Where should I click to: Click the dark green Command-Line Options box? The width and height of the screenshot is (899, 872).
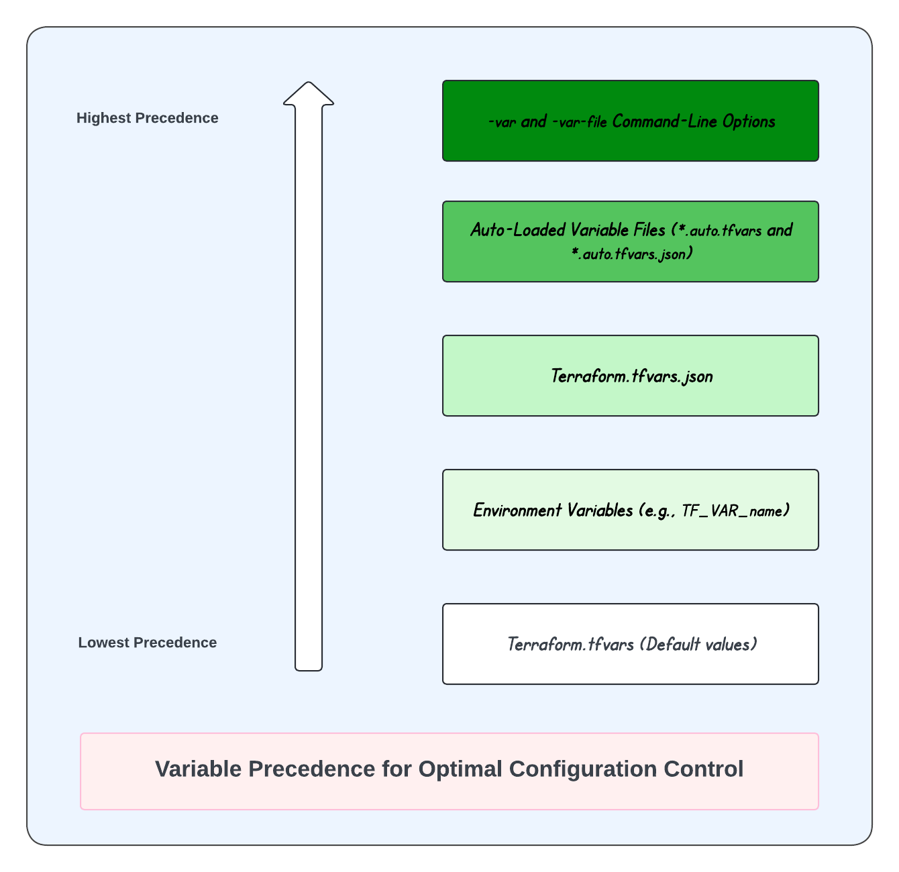[x=630, y=121]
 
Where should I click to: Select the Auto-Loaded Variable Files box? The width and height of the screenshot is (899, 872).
[x=630, y=241]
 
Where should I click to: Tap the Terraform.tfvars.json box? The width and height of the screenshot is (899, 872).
[x=630, y=376]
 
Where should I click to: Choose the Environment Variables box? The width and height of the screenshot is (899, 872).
[x=630, y=510]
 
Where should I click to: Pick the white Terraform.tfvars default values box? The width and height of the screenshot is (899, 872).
[x=630, y=644]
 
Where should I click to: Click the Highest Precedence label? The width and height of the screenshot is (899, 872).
[x=148, y=118]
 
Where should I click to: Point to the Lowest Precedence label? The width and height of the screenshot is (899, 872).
[x=148, y=643]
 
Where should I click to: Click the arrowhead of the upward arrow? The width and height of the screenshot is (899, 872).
[x=309, y=94]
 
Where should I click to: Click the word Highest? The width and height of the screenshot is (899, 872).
[x=104, y=118]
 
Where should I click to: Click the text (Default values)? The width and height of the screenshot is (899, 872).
[x=698, y=645]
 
